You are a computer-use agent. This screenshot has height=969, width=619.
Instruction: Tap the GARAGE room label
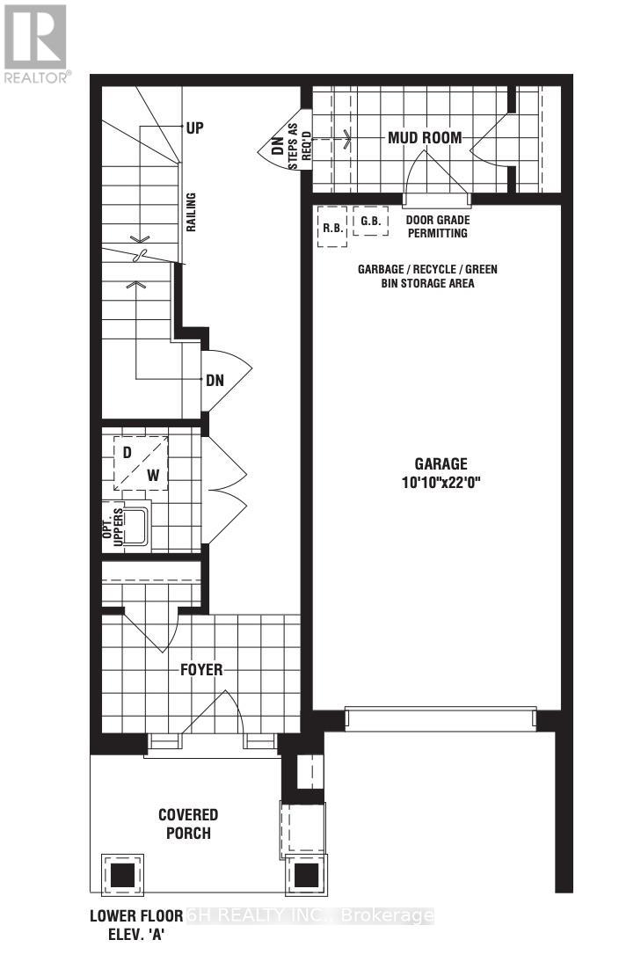(x=441, y=464)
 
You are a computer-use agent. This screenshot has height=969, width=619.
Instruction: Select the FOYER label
(x=200, y=669)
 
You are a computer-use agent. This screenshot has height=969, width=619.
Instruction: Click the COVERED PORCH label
(x=188, y=823)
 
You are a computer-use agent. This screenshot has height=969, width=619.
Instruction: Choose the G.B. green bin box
(x=370, y=222)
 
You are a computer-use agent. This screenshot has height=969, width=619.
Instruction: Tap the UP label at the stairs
(x=194, y=127)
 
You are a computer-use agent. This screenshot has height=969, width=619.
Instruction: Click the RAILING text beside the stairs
(x=190, y=212)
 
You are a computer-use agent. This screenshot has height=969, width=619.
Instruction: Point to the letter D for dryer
(x=127, y=453)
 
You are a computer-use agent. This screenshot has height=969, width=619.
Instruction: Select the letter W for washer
(x=153, y=476)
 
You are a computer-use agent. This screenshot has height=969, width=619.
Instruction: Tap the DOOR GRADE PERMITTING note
(x=436, y=227)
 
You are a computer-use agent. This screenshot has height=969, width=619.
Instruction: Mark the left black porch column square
(x=122, y=875)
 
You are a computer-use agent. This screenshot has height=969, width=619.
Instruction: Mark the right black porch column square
(x=306, y=875)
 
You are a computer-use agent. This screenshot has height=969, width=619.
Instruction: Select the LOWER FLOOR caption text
(x=136, y=916)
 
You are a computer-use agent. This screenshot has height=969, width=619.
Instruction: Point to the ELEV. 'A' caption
(x=130, y=936)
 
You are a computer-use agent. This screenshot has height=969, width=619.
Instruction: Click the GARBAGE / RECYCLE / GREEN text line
(x=426, y=269)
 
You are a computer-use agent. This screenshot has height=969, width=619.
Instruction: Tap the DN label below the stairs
(x=215, y=382)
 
